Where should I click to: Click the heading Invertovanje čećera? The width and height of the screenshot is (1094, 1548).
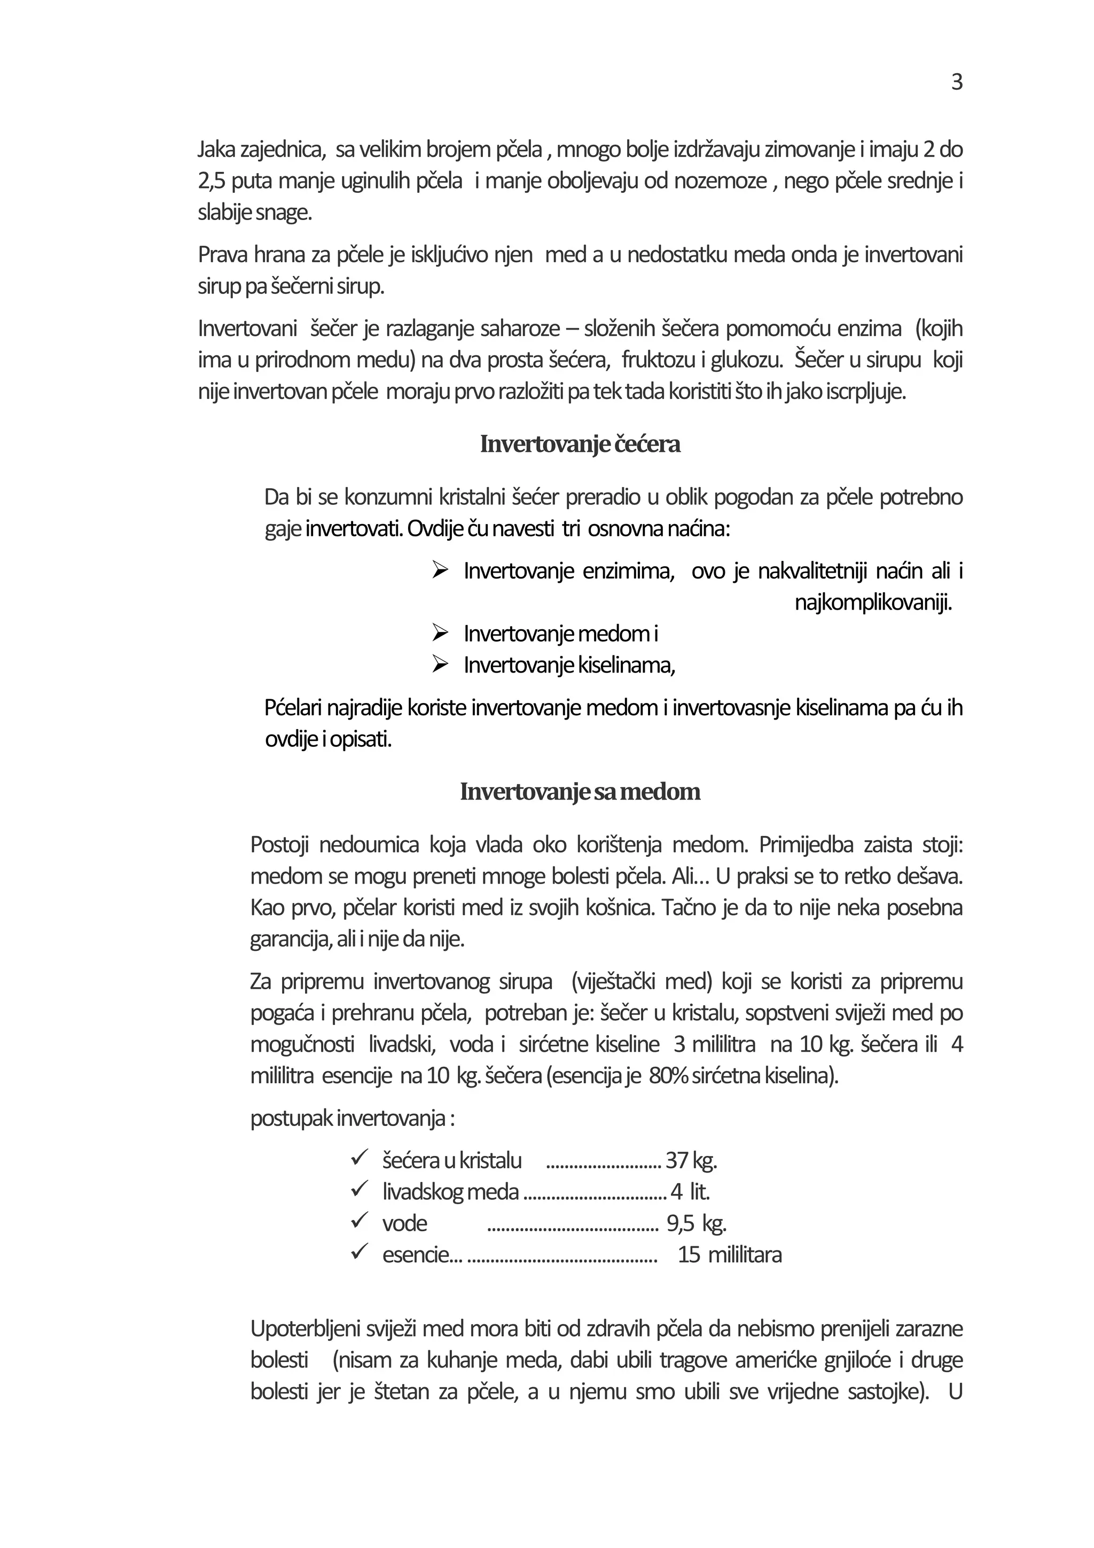[x=580, y=444]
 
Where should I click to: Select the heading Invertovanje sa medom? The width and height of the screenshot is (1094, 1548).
[x=580, y=791]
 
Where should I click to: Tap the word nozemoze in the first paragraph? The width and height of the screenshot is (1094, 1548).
[x=721, y=182]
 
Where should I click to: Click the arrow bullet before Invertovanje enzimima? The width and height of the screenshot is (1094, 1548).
[x=440, y=570]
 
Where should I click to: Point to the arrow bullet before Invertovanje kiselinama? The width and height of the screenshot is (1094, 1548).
[x=440, y=665]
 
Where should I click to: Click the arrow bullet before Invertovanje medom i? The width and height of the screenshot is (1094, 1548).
[x=440, y=633]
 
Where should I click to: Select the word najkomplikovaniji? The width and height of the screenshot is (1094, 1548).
[x=873, y=602]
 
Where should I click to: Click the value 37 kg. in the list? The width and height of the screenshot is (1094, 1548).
[x=691, y=1160]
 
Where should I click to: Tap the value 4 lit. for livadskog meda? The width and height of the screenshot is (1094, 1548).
[x=690, y=1192]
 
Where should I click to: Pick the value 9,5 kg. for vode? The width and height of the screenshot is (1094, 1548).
[x=697, y=1223]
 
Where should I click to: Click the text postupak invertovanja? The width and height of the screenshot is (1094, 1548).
[x=352, y=1119]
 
